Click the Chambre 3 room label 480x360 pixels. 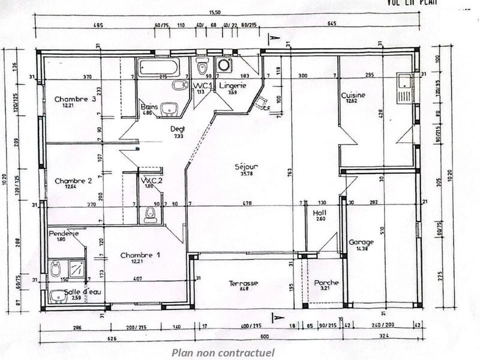tap(75, 100)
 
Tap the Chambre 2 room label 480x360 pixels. tap(73, 181)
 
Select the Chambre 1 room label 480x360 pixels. tap(140, 256)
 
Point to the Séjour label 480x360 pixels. tap(246, 167)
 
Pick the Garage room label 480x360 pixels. tap(361, 242)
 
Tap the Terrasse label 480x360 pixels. tap(243, 283)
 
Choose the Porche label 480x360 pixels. tap(326, 283)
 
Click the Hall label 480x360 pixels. tap(319, 213)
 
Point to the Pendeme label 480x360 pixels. tap(63, 233)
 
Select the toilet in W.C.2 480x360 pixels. tap(148, 213)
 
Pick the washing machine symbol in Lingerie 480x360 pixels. tap(224, 65)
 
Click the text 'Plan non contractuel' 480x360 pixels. tap(223, 352)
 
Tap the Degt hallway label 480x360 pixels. tap(178, 129)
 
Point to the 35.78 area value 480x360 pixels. tap(246, 175)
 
